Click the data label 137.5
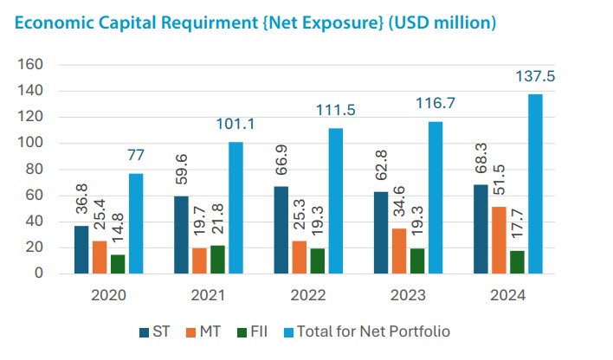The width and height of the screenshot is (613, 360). point(537,77)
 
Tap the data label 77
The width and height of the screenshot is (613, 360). point(136,156)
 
